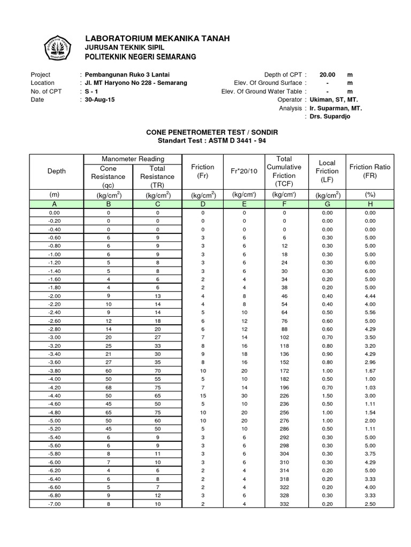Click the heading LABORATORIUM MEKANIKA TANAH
pos(157,38)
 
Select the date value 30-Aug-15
pos(100,100)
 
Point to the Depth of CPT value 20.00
pos(328,74)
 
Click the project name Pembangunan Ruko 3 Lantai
pos(127,74)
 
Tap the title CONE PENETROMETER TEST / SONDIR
pos(205,131)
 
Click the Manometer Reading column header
pos(133,159)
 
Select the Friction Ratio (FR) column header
pos(370,171)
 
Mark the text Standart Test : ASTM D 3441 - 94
pos(205,140)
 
